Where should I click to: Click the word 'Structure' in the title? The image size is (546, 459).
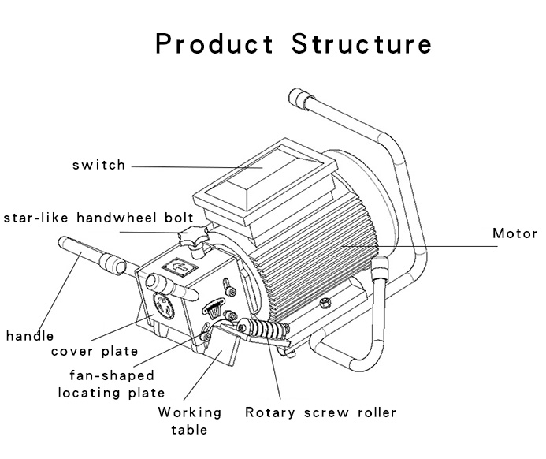pyautogui.click(x=362, y=43)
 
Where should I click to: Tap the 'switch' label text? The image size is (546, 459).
pyautogui.click(x=98, y=166)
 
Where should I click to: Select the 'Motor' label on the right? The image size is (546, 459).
pyautogui.click(x=514, y=234)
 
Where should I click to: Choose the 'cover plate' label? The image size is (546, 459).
pyautogui.click(x=94, y=352)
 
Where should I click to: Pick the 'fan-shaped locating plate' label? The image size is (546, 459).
pyautogui.click(x=111, y=384)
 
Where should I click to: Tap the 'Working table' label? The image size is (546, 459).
pyautogui.click(x=189, y=420)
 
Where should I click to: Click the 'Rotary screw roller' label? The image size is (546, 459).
pyautogui.click(x=320, y=412)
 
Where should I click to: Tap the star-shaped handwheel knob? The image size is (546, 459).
pyautogui.click(x=194, y=234)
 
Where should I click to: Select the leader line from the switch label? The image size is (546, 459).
pyautogui.click(x=197, y=166)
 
